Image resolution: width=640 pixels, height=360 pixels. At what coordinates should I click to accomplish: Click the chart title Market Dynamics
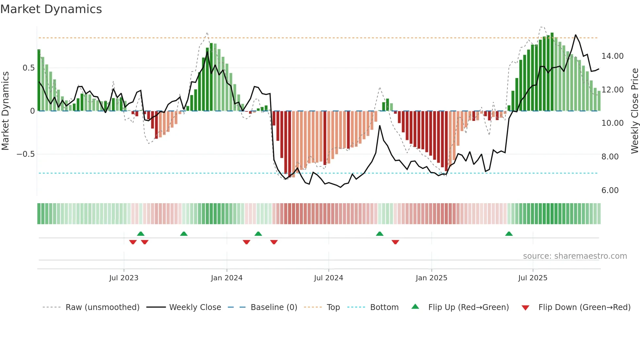click(51, 9)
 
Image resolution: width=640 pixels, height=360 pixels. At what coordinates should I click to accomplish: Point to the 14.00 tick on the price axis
click(612, 56)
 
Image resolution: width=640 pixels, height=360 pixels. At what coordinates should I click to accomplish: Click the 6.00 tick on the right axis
click(610, 190)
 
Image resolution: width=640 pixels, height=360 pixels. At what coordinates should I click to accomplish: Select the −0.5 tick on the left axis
click(26, 154)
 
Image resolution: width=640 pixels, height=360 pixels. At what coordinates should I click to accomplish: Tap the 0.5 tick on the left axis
click(28, 68)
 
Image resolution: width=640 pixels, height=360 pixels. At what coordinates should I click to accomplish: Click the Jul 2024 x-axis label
click(328, 278)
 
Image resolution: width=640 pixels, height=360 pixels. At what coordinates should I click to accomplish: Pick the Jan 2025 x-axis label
click(431, 278)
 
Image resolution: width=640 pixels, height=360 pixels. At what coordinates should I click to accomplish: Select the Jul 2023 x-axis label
click(123, 278)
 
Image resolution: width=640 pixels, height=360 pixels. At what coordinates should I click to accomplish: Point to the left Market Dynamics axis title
click(5, 111)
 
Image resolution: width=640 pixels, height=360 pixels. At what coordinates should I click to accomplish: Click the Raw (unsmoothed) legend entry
click(102, 307)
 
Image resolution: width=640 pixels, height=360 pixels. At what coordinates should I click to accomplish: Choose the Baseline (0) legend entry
click(274, 307)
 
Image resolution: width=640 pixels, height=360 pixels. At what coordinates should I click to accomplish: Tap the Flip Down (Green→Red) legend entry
click(584, 307)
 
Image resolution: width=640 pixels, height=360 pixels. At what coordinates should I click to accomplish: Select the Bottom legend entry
click(384, 307)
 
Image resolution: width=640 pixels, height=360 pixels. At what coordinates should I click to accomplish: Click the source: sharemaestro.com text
click(575, 256)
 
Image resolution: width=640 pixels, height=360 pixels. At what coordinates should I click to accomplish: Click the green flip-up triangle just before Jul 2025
click(509, 234)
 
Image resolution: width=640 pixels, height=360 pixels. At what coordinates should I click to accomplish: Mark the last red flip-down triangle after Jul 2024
click(395, 242)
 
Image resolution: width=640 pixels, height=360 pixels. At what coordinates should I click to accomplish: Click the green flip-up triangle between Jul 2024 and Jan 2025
click(379, 234)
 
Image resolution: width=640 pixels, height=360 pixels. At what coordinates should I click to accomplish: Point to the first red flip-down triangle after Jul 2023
click(133, 242)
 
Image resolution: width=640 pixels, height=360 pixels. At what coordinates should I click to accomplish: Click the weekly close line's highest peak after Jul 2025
click(575, 35)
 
